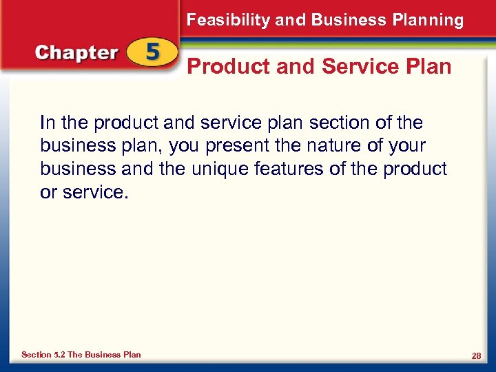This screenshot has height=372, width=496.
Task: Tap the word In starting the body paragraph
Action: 47,123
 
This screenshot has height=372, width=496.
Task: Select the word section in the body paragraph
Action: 338,123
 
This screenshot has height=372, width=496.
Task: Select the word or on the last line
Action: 48,193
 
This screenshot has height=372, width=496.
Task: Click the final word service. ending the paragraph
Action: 95,193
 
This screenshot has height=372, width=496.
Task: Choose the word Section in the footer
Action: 36,355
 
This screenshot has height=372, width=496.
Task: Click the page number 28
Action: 476,355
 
